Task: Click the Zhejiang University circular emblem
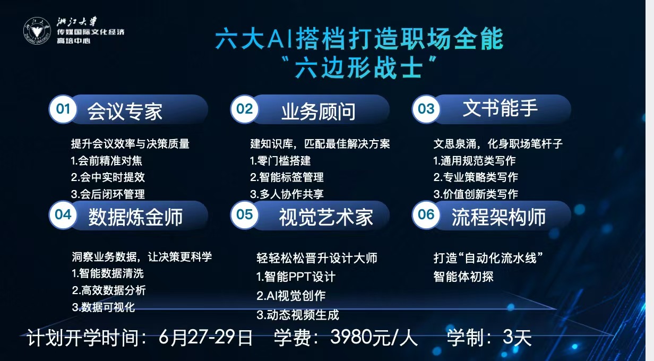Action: point(37,31)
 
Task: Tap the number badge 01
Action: point(63,109)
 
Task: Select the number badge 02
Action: point(244,109)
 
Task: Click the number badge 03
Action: point(426,109)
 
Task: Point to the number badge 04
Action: point(63,215)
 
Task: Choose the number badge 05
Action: point(244,215)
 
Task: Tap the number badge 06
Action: point(426,215)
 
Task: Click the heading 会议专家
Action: point(125,111)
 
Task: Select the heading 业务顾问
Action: point(319,111)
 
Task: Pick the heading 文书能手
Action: point(500,108)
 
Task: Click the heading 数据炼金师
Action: point(135,217)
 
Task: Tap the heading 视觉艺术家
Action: point(326,217)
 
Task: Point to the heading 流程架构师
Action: point(498,217)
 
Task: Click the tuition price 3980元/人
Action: point(374,337)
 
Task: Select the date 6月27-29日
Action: point(205,337)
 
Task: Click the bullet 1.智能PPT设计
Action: point(296,277)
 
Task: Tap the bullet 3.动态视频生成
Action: point(298,315)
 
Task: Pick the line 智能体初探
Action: point(463,277)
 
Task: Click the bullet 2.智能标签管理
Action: point(287,177)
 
